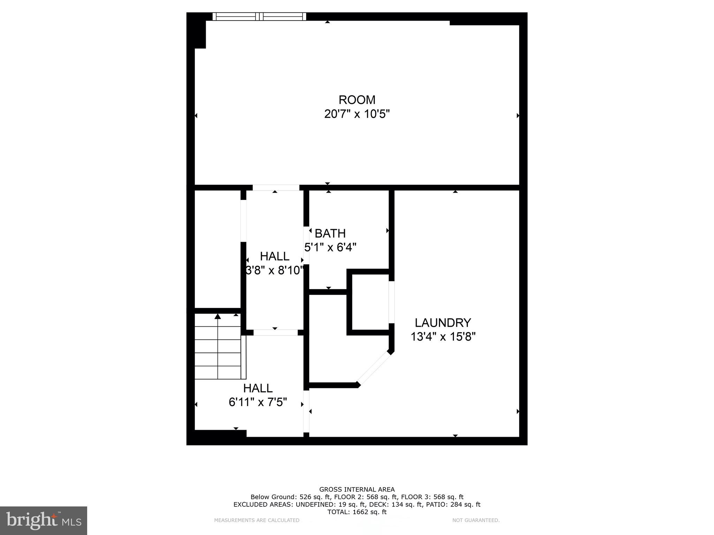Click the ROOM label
point(357,100)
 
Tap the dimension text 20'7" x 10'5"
point(357,114)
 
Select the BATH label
point(330,233)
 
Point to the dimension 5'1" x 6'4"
point(330,248)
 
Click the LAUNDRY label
point(443,323)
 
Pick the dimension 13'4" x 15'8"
point(443,337)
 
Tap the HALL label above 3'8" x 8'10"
point(275,256)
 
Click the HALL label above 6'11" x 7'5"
point(258,388)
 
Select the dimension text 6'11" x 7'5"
point(258,402)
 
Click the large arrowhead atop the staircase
point(218,316)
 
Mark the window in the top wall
point(259,16)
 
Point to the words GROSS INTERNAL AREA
point(357,489)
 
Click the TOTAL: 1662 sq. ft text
point(357,512)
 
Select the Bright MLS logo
point(43,520)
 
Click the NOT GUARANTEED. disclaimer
point(476,520)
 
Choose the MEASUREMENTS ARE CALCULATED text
point(257,520)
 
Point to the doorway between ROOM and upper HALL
point(276,188)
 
